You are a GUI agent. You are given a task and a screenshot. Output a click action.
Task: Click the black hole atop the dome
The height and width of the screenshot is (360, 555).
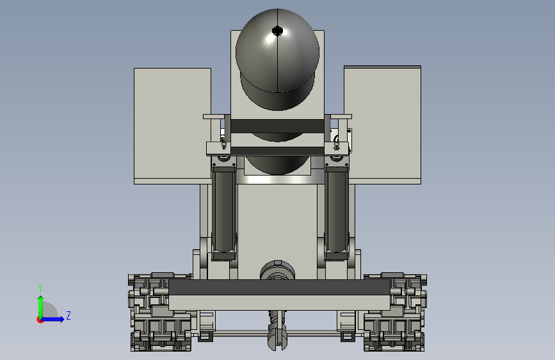point(278,31)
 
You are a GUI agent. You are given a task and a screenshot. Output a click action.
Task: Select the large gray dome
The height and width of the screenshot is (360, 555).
point(278,59)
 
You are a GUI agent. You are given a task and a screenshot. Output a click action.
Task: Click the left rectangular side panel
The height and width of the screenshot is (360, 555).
point(172,126)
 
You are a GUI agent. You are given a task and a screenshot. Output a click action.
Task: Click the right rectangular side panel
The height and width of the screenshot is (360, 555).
point(383,125)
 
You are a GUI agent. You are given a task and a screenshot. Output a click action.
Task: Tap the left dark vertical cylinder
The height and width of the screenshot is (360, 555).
point(223,211)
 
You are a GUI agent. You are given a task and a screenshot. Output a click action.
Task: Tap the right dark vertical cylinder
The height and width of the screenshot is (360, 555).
point(336,211)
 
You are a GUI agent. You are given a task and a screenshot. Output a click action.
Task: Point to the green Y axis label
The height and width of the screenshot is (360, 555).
point(40,288)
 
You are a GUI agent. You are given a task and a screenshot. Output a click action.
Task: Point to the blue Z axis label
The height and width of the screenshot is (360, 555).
point(68,315)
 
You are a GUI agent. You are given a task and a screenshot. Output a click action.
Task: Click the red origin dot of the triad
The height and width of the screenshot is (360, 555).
point(40,320)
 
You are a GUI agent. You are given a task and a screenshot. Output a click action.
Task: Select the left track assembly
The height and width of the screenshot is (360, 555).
point(160,312)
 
